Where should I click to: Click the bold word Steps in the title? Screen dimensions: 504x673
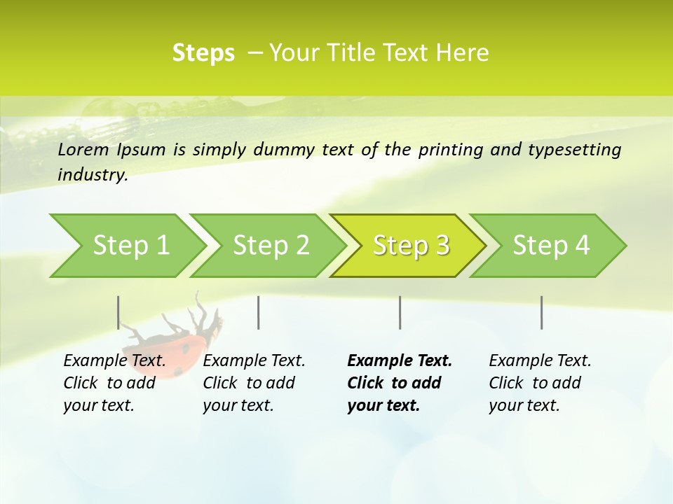pyautogui.click(x=203, y=53)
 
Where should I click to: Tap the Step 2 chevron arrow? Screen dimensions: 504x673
pyautogui.click(x=271, y=246)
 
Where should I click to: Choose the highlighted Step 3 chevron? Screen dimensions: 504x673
pyautogui.click(x=411, y=246)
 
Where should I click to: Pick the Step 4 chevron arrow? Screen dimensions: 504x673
pyautogui.click(x=551, y=246)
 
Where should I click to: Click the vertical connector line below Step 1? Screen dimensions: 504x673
pyautogui.click(x=118, y=312)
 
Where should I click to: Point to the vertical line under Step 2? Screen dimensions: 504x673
pyautogui.click(x=259, y=312)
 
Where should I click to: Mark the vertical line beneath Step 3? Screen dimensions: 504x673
pyautogui.click(x=400, y=312)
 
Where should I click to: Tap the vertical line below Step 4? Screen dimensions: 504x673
pyautogui.click(x=542, y=312)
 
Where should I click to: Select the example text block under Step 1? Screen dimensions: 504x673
pyautogui.click(x=114, y=383)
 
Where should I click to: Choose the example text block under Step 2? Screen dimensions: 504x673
pyautogui.click(x=254, y=383)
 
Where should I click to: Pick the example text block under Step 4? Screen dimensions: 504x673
pyautogui.click(x=540, y=383)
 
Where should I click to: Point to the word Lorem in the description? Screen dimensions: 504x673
pyautogui.click(x=83, y=150)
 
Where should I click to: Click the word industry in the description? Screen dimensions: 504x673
pyautogui.click(x=92, y=175)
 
